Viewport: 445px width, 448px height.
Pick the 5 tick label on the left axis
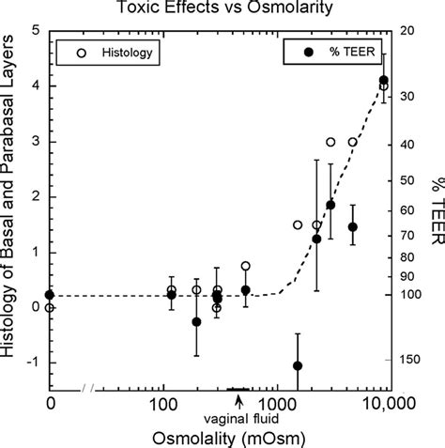[35, 31]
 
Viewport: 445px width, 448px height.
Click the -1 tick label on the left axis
[32, 363]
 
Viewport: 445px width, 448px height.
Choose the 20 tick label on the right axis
[407, 31]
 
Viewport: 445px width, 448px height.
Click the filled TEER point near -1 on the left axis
[298, 366]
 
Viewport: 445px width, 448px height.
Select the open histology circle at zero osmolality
[50, 307]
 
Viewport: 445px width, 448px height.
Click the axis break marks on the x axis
[91, 389]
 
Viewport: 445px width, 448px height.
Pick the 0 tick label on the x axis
[50, 406]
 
